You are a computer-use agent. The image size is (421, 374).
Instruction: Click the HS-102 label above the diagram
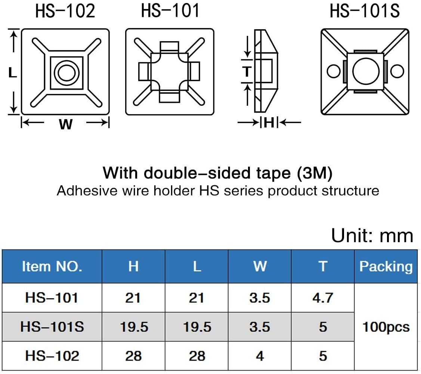[65, 11]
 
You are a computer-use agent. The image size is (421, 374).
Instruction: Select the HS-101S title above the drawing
[365, 11]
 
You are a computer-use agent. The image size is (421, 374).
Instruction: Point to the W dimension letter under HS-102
[65, 124]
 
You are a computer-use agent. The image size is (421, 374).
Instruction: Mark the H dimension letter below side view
[269, 122]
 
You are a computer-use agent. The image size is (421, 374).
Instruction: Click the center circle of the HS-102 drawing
[66, 72]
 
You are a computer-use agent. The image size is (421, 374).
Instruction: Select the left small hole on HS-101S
[332, 71]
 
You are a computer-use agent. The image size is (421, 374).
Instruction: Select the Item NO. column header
[52, 266]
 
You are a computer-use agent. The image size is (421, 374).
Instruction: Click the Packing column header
[386, 266]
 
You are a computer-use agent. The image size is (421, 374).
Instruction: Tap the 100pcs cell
[386, 327]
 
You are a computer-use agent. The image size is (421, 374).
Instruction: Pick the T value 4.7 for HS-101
[323, 298]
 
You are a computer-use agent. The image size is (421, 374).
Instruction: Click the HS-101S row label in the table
[52, 327]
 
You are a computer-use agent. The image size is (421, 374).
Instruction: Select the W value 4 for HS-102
[260, 356]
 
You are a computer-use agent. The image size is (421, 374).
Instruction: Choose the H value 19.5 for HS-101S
[134, 327]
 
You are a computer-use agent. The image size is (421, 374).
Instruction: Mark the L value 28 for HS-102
[197, 356]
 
